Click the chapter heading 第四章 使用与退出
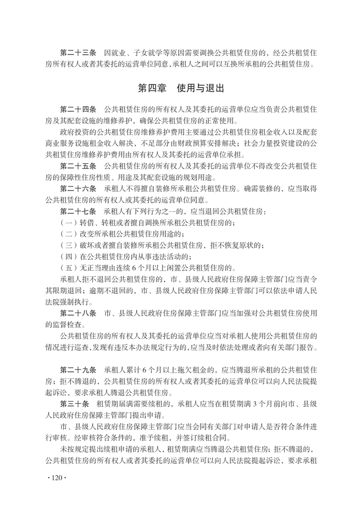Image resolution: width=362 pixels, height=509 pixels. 181,88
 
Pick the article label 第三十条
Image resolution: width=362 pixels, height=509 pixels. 74,405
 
